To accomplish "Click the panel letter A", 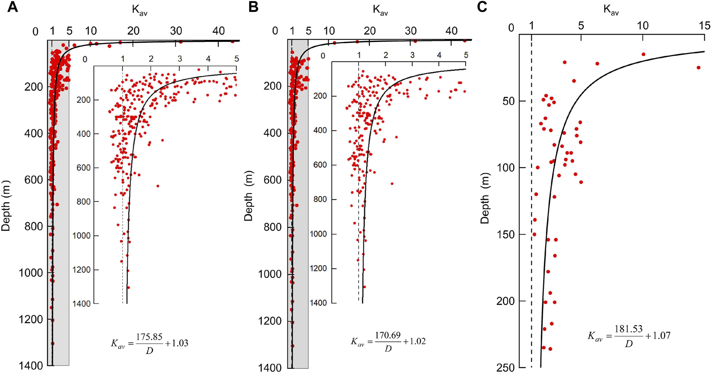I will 12,7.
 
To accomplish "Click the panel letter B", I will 253,7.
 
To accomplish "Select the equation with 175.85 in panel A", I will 150,343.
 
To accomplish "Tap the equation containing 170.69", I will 388,341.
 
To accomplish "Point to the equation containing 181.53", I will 629,335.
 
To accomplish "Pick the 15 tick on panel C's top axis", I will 705,26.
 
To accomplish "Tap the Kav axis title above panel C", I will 611,10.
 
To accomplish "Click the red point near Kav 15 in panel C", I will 699,68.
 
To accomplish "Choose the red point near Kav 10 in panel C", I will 643,54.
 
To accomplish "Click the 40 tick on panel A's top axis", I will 218,31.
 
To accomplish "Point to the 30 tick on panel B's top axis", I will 411,31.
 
